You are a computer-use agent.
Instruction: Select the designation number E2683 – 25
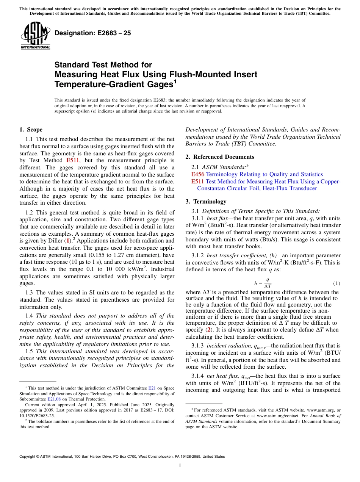pyautogui.click(x=93, y=33)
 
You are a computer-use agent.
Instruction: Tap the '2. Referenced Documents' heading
pyautogui.click(x=220, y=157)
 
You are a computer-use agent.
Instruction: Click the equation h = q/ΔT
pyautogui.click(x=263, y=283)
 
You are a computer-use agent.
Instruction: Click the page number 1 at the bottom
pyautogui.click(x=180, y=466)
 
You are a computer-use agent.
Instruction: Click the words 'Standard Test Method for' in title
pyautogui.click(x=103, y=65)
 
